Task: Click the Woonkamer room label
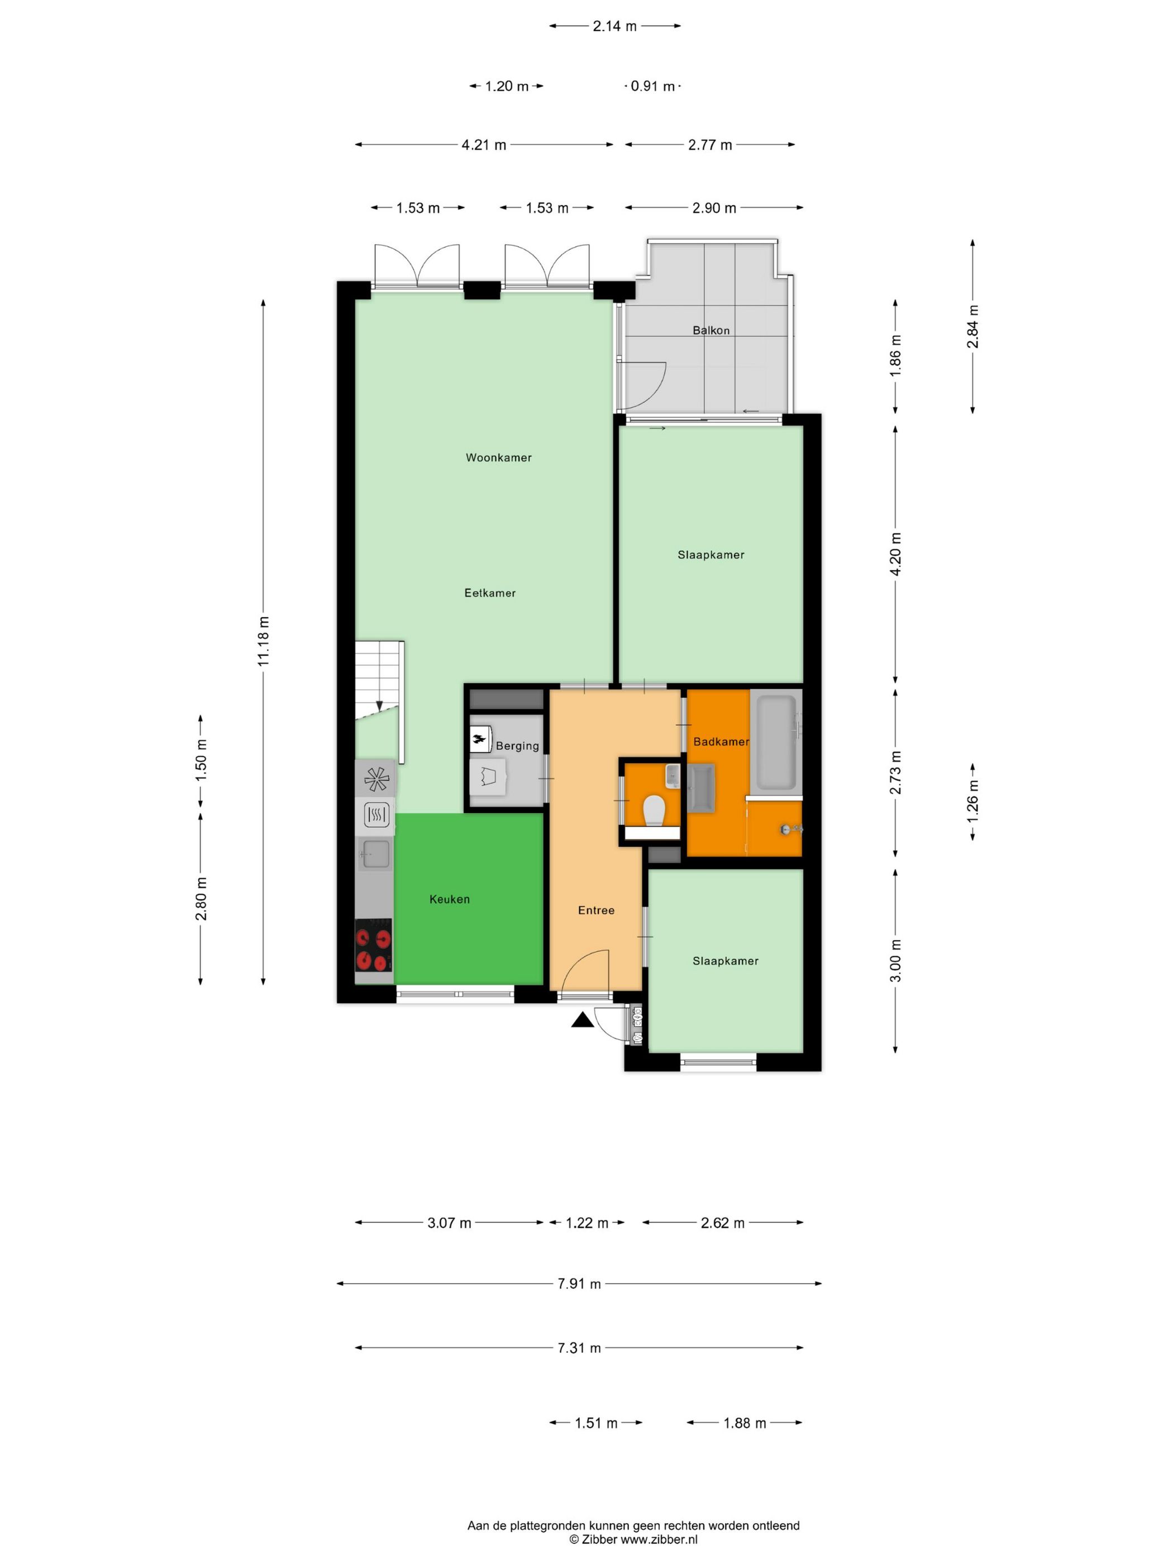(498, 457)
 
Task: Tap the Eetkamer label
(489, 593)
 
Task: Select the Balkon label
(711, 330)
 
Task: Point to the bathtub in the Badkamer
(776, 742)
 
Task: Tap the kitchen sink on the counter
(374, 853)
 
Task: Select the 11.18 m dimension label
(263, 641)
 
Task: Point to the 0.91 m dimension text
(652, 86)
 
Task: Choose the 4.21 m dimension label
(484, 145)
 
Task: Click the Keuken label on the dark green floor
(449, 899)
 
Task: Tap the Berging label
(517, 746)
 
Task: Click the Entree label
(595, 910)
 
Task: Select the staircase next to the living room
(378, 680)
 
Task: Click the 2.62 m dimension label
(722, 1223)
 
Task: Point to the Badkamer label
(721, 741)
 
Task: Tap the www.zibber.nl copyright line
(633, 1538)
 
